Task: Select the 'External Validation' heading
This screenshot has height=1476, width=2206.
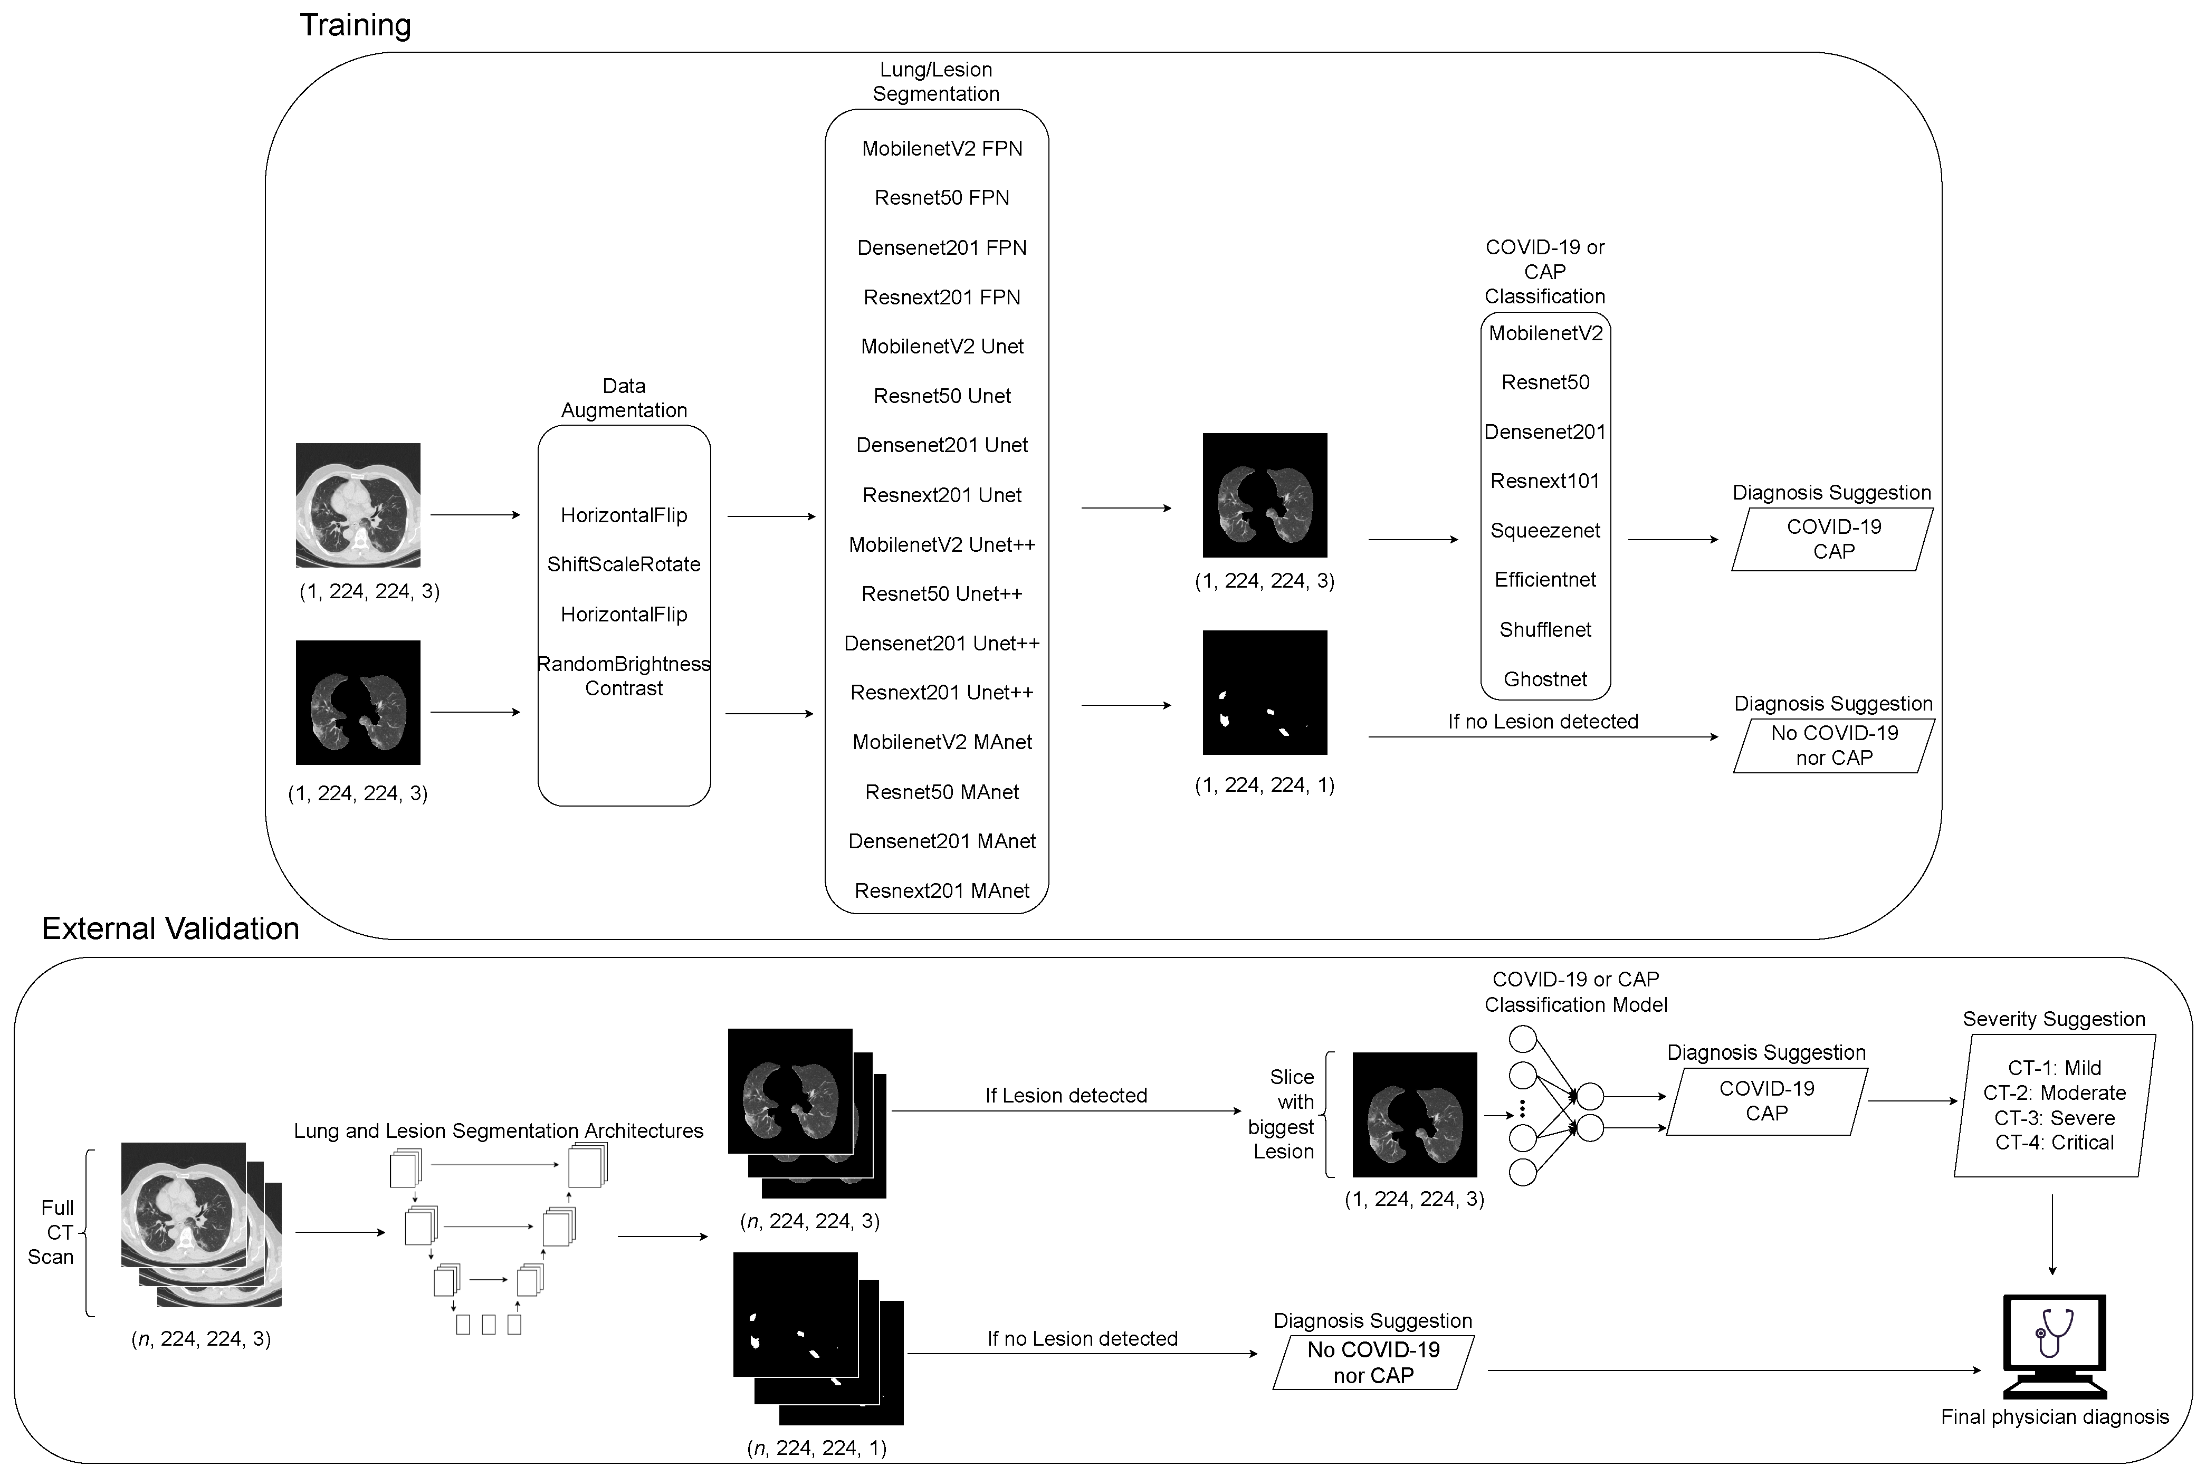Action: [x=170, y=929]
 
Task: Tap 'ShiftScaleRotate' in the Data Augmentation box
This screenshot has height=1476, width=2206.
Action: [x=623, y=565]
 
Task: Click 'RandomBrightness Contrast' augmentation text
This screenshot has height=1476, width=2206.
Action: [x=623, y=676]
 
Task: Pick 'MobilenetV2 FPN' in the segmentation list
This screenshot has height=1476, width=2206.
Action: [x=941, y=149]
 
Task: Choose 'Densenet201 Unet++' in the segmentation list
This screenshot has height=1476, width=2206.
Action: [x=941, y=644]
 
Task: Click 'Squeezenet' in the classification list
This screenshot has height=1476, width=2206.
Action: [x=1545, y=531]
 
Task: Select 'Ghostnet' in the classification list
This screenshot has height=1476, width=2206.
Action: [x=1545, y=679]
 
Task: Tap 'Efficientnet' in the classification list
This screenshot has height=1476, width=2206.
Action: [x=1545, y=580]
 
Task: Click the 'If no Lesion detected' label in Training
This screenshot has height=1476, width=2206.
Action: [x=1543, y=722]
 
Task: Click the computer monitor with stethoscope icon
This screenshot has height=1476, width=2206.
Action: [x=2055, y=1346]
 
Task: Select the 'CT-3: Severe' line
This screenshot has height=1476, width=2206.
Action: [x=2055, y=1118]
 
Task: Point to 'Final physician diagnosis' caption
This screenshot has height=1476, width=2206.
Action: [x=2055, y=1417]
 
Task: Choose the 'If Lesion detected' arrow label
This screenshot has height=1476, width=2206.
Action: [x=1066, y=1096]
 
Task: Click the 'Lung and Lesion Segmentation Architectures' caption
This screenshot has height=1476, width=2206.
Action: [x=498, y=1132]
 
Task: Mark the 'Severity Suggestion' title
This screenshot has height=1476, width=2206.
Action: [x=2054, y=1020]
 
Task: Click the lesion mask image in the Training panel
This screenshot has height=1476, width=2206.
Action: [x=1265, y=693]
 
